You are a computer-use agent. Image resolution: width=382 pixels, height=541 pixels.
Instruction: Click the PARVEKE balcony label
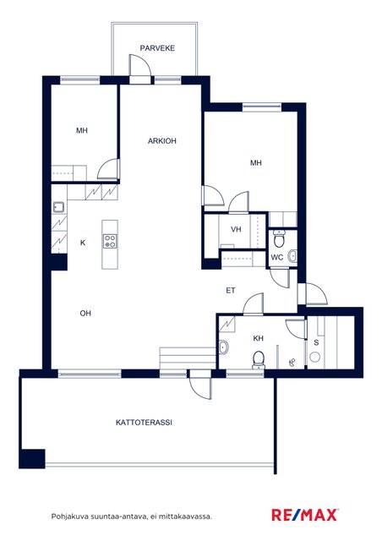click(157, 48)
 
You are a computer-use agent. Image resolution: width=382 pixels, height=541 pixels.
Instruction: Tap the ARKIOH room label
click(161, 141)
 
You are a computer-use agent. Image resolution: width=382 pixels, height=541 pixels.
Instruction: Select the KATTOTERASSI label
click(144, 423)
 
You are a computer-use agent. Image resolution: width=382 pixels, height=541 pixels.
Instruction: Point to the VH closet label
click(236, 229)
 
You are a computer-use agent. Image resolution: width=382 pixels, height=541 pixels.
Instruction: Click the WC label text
click(276, 257)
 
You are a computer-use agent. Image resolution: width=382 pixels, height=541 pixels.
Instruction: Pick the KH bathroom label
click(258, 338)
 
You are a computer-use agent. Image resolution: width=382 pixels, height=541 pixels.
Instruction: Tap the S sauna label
click(316, 343)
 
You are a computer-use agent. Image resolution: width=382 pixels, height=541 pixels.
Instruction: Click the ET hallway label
click(231, 291)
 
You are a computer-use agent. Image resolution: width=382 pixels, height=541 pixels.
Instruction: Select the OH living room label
click(85, 314)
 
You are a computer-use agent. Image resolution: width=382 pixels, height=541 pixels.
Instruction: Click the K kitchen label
click(83, 243)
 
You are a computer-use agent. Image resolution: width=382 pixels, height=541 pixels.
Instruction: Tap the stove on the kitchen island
click(110, 241)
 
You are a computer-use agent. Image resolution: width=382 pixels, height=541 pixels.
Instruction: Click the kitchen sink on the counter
click(58, 207)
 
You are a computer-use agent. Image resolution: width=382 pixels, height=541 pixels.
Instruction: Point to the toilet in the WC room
click(279, 238)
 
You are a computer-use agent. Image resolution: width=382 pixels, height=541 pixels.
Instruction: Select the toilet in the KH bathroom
click(258, 360)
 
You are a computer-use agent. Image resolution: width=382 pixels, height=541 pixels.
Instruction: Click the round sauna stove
click(314, 357)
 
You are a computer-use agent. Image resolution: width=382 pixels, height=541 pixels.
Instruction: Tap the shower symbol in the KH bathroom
click(292, 362)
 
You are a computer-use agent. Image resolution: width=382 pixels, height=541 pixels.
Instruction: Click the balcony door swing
click(139, 65)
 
